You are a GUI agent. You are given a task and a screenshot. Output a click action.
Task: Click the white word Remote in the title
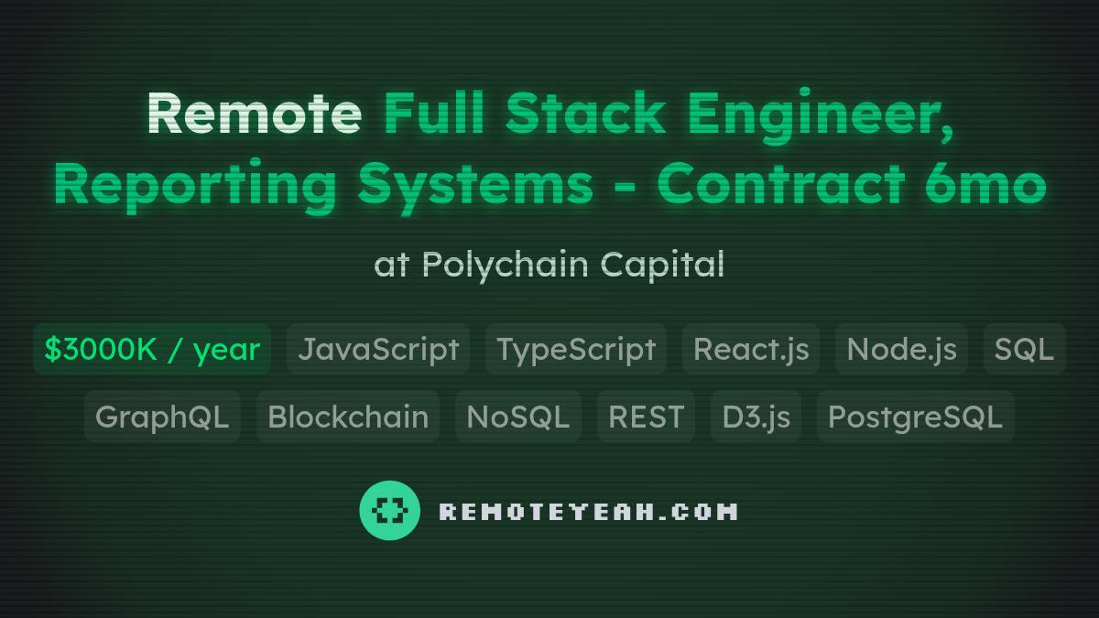point(254,114)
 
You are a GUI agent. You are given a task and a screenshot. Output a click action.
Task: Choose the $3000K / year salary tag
point(152,349)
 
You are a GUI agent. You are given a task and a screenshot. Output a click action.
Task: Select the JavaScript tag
point(378,349)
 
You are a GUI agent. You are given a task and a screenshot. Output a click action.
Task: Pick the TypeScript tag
point(576,349)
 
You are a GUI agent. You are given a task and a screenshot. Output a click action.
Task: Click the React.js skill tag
point(751,349)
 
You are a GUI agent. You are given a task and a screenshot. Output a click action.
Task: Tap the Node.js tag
point(901,349)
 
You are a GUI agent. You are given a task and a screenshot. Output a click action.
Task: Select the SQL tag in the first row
point(1024,349)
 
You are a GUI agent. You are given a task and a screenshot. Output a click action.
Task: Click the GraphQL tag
point(162,417)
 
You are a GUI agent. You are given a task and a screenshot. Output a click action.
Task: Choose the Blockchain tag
point(348,417)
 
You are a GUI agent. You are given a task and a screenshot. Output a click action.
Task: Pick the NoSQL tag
point(518,417)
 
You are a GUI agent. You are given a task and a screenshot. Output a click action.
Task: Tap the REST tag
point(646,417)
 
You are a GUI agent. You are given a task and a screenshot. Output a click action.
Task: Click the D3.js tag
point(756,417)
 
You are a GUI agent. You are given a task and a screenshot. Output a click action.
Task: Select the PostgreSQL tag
point(915,417)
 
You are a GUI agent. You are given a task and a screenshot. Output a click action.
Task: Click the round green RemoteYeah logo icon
point(390,510)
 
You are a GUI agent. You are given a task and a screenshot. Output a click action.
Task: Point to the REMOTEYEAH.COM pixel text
point(588,511)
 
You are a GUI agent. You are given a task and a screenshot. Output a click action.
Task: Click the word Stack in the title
point(586,114)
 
